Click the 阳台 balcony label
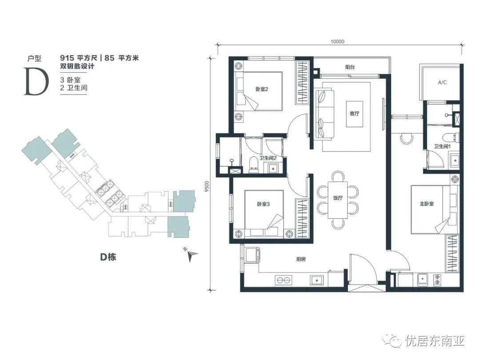point(350,67)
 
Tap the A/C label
point(442,82)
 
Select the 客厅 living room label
point(355,113)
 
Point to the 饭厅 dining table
point(338,200)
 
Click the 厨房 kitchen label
point(301,259)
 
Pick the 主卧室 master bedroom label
point(427,204)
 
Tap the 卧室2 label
point(262,89)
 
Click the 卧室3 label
point(263,204)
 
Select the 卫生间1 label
point(442,147)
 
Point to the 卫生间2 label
point(268,158)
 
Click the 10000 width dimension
point(337,42)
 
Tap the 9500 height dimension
point(207,186)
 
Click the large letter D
point(36,81)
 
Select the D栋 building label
point(108,257)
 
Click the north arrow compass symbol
point(192,255)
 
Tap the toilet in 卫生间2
point(253,165)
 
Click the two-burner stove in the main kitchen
point(284,280)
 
